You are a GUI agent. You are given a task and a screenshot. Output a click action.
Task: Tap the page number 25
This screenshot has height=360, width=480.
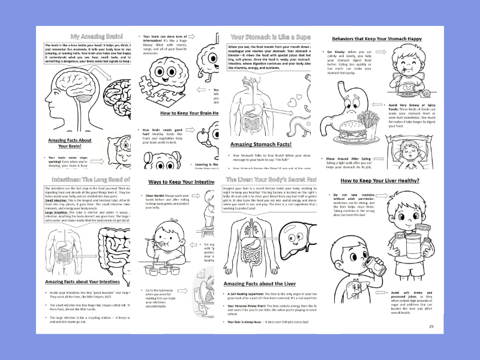coord(431,326)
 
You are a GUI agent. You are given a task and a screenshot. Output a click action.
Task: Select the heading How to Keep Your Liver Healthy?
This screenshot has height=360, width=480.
coord(380,180)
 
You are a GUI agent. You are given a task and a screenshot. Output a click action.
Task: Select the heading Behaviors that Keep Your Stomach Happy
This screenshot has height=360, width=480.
coord(376,39)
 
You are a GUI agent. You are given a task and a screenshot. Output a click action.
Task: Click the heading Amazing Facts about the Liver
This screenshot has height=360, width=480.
coord(260,283)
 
